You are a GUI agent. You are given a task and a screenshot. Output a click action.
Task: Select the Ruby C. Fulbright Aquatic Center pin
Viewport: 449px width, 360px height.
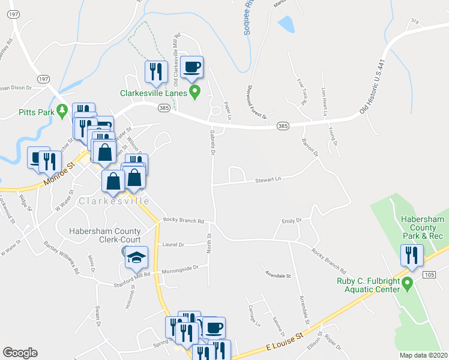click(408, 282)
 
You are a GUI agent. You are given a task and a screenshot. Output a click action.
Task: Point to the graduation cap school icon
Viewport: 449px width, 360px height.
click(137, 257)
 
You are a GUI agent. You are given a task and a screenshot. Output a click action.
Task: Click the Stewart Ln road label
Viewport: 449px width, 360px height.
click(268, 178)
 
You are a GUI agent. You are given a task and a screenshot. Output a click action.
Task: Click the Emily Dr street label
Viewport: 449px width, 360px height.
click(291, 221)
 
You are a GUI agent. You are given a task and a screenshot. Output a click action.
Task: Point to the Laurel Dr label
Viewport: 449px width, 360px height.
click(175, 245)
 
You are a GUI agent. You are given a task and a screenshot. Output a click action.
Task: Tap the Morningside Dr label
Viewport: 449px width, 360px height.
click(179, 268)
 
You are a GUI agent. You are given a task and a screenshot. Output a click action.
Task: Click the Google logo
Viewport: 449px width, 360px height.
click(20, 353)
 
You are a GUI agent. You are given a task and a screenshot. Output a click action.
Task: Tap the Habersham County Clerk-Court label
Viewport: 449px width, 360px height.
click(104, 235)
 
